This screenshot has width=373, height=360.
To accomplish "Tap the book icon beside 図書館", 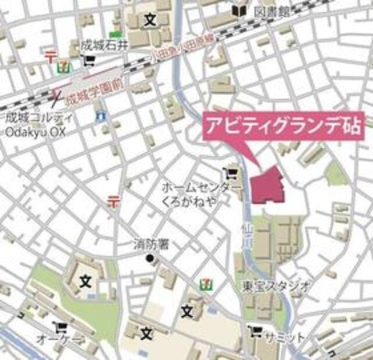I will pos(238,11).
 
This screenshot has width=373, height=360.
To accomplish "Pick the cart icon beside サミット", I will pos(254,332).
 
